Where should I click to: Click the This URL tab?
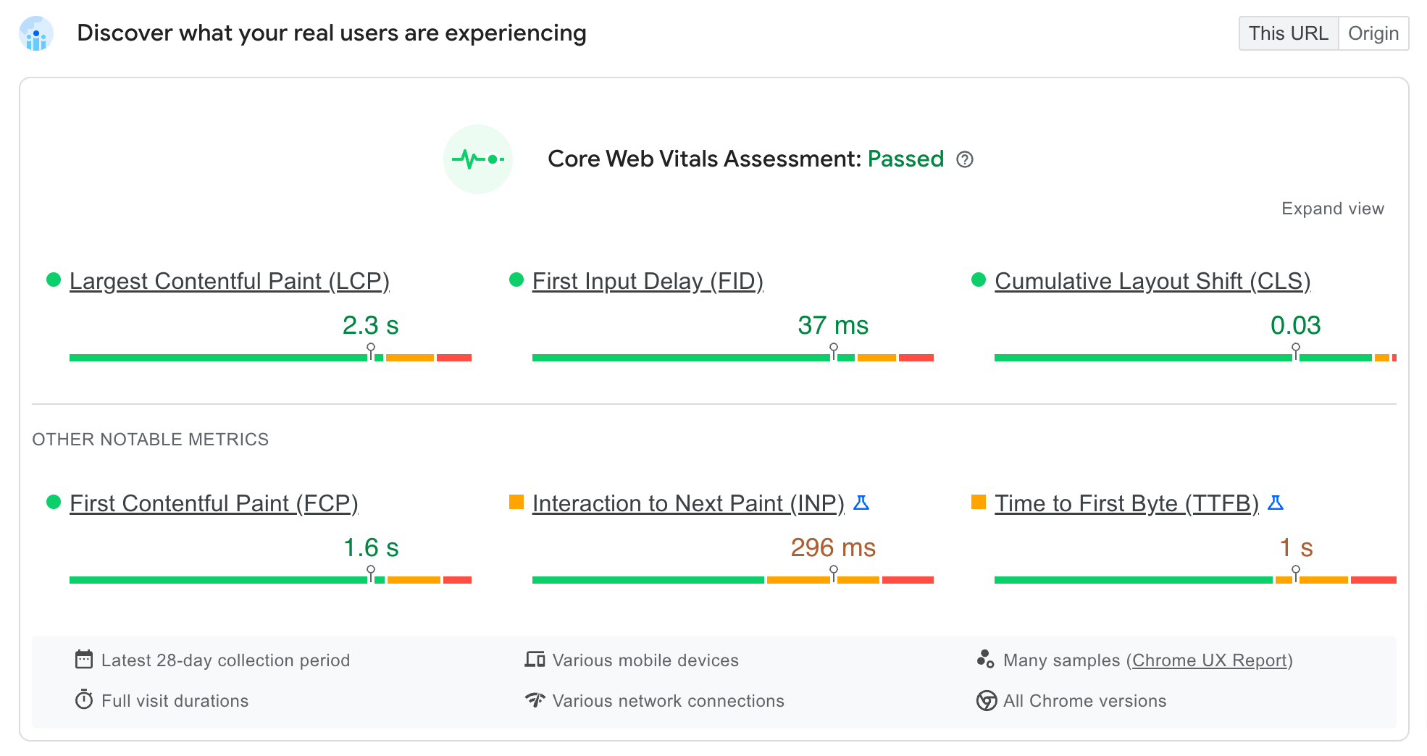coord(1288,33)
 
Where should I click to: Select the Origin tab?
coord(1373,33)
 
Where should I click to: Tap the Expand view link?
coord(1332,209)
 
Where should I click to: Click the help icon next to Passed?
coord(964,159)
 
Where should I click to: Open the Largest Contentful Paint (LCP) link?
coord(229,281)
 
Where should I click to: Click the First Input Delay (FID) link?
coord(647,281)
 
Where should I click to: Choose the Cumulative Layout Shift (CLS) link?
coord(1152,281)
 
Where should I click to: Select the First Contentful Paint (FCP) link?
coord(214,503)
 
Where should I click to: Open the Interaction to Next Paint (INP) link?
coord(687,503)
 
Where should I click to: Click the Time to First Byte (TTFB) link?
coord(1126,503)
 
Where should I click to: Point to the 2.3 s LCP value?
coord(370,325)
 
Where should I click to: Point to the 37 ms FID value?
coord(832,325)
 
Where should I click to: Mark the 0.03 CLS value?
coord(1295,325)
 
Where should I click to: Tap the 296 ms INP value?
coord(832,547)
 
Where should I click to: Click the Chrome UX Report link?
coord(1209,660)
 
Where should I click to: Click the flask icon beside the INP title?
coord(861,503)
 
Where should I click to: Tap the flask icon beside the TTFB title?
coord(1276,503)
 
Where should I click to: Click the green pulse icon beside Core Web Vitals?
coord(478,159)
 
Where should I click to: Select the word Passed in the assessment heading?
coord(905,159)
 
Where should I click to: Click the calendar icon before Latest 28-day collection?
coord(84,660)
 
